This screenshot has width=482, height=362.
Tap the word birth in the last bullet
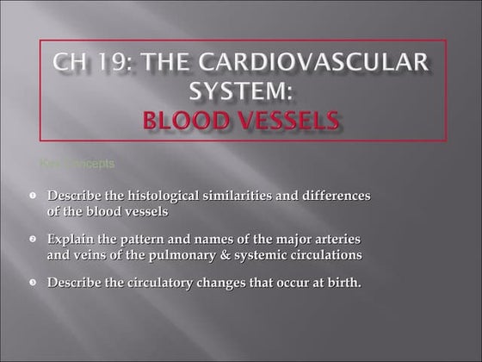coord(342,282)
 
